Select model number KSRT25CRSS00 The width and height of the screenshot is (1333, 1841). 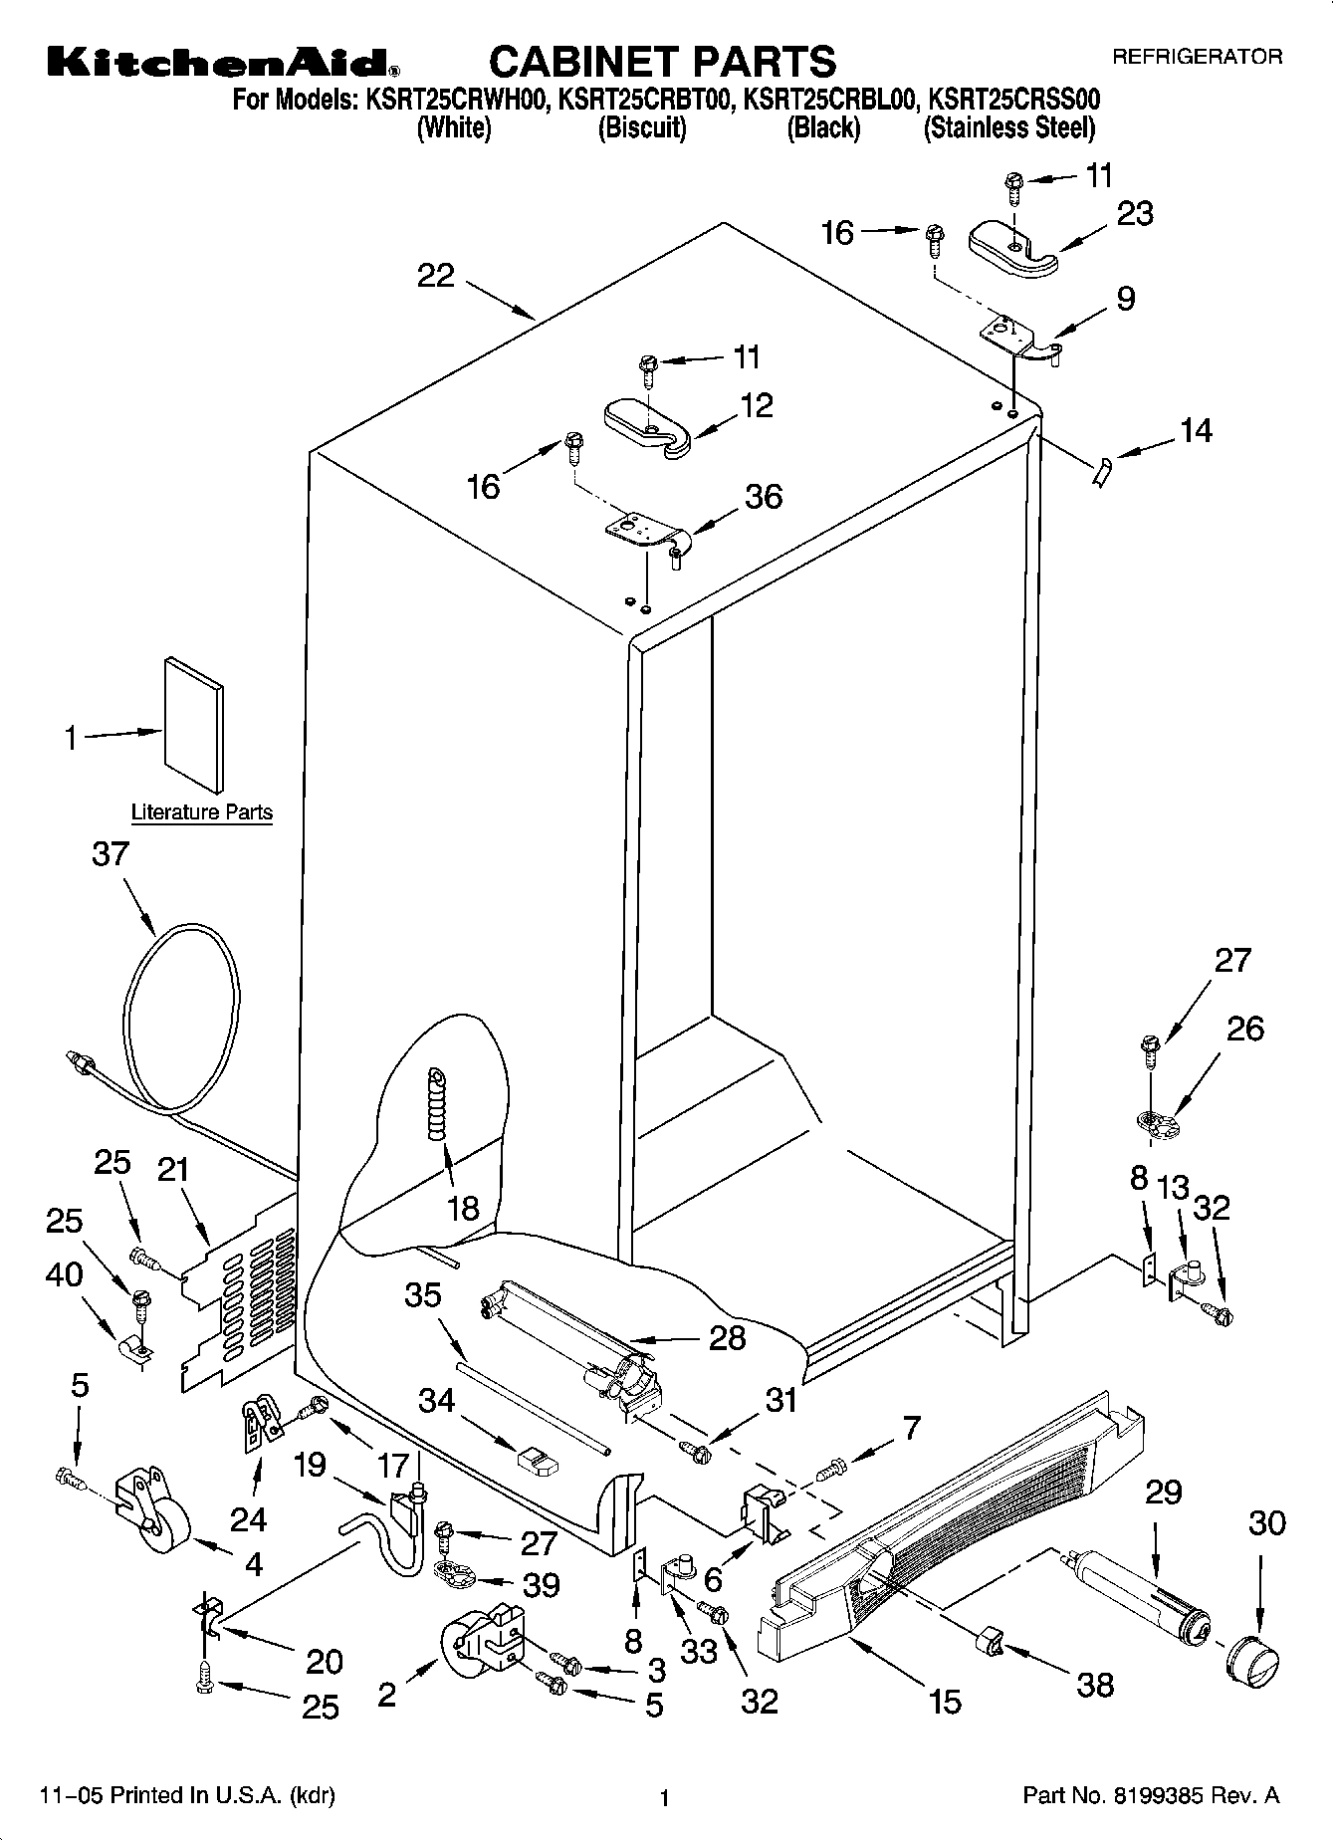tap(1013, 99)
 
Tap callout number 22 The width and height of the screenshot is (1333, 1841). tap(435, 276)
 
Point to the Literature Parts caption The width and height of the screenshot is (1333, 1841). tap(202, 812)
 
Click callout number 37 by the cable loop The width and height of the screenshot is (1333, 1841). tap(111, 854)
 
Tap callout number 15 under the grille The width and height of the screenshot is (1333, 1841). tap(944, 1702)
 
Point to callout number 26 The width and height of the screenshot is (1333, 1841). tap(1244, 1029)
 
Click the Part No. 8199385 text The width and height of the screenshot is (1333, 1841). tap(1151, 1796)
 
